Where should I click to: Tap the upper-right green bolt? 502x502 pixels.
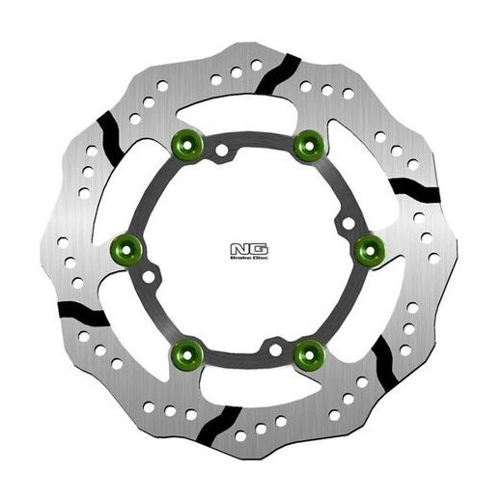[308, 146]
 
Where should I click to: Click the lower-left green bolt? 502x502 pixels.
[183, 349]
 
